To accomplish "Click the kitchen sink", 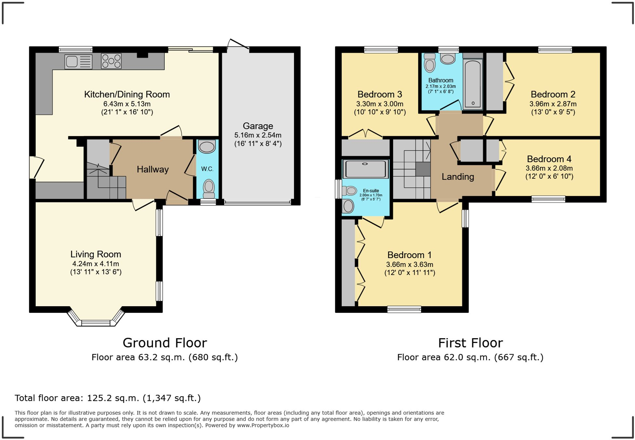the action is tap(78, 62).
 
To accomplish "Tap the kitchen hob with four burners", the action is tap(111, 61).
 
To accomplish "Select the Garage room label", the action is tap(258, 126).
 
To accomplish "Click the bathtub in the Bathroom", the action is tap(473, 84).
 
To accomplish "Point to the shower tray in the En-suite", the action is tap(365, 169).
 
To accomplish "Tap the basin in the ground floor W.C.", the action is tap(207, 146).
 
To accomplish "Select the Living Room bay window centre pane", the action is tap(96, 323).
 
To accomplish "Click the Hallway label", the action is tap(153, 169).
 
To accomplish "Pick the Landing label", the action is tap(458, 177).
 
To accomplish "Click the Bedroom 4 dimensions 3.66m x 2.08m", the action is tap(549, 168).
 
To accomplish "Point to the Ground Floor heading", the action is tap(165, 343).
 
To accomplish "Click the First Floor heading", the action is tap(470, 343).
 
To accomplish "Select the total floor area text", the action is tap(108, 398).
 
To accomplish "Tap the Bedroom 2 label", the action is tap(553, 94).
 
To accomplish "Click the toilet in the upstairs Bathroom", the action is tap(430, 63).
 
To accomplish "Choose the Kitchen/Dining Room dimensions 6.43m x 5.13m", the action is tap(127, 104).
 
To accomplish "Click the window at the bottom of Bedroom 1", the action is tap(404, 309).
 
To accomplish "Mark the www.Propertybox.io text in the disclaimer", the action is tap(263, 425).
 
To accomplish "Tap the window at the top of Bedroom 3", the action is tap(381, 50).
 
